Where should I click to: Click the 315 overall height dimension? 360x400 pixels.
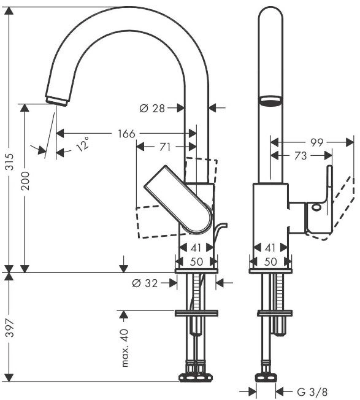10,161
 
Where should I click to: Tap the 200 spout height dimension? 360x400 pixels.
25,180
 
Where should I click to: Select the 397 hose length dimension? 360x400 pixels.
10,328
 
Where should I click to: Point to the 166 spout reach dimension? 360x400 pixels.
126,134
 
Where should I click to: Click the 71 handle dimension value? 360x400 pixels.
165,147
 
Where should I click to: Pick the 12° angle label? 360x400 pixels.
83,144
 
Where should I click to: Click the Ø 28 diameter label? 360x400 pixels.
152,108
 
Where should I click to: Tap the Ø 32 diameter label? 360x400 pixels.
145,283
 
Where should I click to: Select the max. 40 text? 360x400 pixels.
124,348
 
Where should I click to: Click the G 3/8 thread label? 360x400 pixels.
312,391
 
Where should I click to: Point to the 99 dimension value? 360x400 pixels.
316,142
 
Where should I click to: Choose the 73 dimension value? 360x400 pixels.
300,156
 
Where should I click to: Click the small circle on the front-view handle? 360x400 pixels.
316,207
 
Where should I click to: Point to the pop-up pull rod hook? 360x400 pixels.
220,230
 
